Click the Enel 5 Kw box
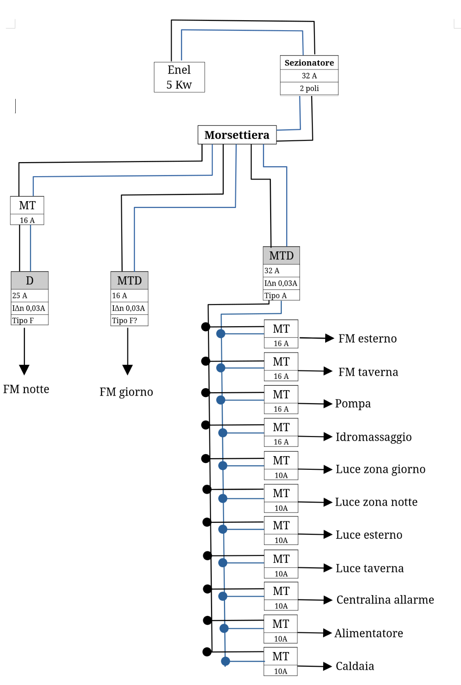pyautogui.click(x=179, y=77)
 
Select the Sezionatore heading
pyautogui.click(x=309, y=63)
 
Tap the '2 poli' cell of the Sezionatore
pyautogui.click(x=309, y=88)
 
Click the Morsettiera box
pyautogui.click(x=237, y=135)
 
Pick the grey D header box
pyautogui.click(x=30, y=280)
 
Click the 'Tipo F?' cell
pyautogui.click(x=129, y=320)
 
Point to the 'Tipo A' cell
pyautogui.click(x=281, y=295)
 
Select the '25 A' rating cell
pyautogui.click(x=30, y=295)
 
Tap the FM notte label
pyautogui.click(x=26, y=389)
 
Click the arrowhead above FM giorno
pyautogui.click(x=127, y=369)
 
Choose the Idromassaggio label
pyautogui.click(x=373, y=437)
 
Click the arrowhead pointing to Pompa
pyautogui.click(x=328, y=404)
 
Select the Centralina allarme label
pyautogui.click(x=385, y=600)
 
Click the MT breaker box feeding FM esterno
pyautogui.click(x=281, y=334)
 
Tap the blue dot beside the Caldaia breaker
pyautogui.click(x=225, y=661)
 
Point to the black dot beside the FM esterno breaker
pyautogui.click(x=206, y=327)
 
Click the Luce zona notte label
pyautogui.click(x=376, y=502)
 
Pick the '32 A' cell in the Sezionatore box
pyautogui.click(x=309, y=76)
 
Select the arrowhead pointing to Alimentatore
pyautogui.click(x=328, y=633)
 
